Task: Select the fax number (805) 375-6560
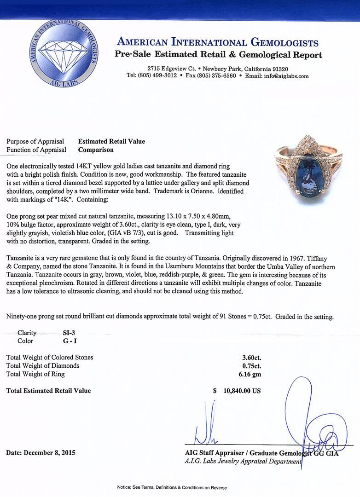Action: click(x=216, y=76)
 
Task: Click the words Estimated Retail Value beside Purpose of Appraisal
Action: click(x=111, y=141)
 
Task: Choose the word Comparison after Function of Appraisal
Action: click(x=96, y=150)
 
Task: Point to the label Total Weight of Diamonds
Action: click(x=42, y=366)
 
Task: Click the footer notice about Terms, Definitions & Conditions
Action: click(x=180, y=487)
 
